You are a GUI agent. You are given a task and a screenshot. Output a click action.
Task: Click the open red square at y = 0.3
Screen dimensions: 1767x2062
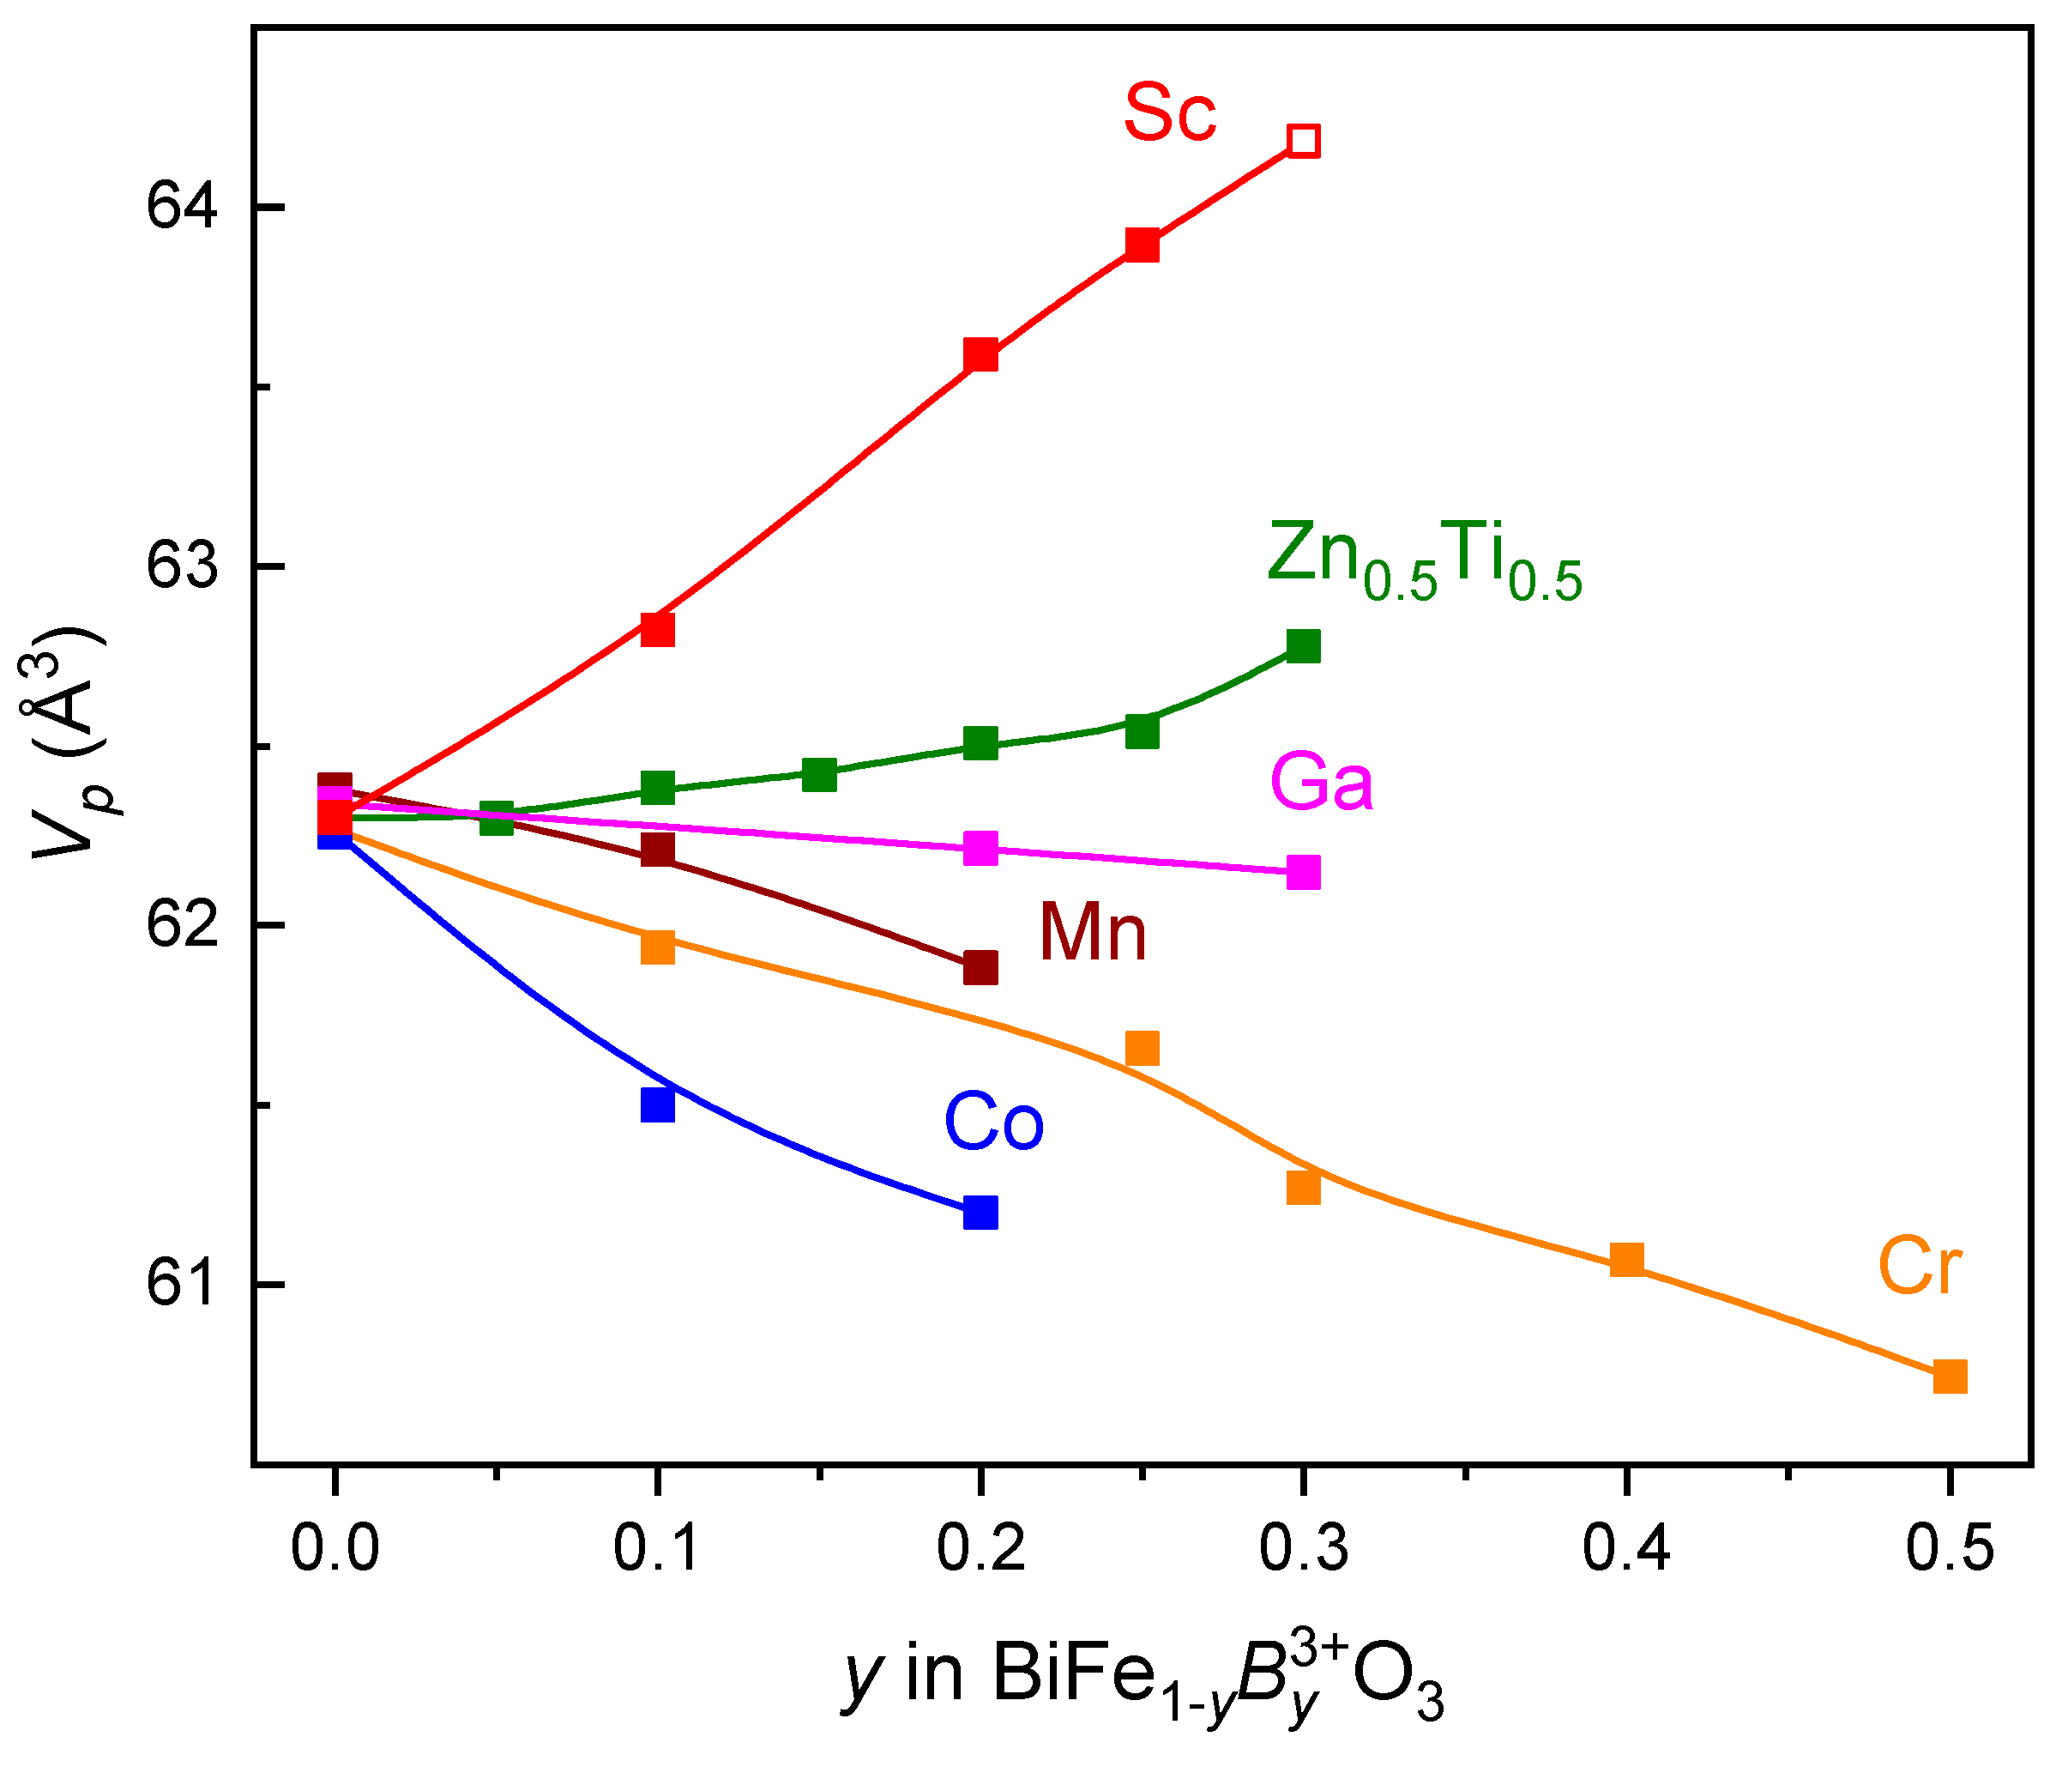[1303, 142]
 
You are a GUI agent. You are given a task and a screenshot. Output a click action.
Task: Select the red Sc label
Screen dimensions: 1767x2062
[1169, 113]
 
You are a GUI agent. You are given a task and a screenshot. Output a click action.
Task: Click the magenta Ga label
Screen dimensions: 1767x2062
[1322, 783]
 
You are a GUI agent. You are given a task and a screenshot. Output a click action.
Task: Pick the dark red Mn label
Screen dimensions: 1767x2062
[1093, 933]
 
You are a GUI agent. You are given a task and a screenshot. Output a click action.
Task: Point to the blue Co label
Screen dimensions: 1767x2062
[993, 1122]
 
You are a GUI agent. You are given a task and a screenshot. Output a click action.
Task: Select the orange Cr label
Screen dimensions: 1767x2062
[1919, 1268]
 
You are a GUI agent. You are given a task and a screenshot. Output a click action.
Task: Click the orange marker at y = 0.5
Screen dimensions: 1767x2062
[1950, 1377]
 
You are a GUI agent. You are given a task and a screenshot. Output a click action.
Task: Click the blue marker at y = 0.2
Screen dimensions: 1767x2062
[980, 1213]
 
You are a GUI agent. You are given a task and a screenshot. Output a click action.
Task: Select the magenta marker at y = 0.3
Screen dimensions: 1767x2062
[1303, 872]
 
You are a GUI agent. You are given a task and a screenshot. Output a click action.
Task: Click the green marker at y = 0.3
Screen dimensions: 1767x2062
[1303, 646]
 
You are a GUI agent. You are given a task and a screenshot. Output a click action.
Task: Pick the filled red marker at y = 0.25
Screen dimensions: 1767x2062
[1142, 244]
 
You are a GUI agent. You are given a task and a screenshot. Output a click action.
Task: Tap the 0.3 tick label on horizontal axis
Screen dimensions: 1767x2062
[1304, 1550]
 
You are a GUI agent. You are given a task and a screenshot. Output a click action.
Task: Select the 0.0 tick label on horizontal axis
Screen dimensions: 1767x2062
[335, 1550]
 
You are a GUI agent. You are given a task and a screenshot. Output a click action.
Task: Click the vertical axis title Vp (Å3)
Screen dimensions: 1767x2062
[69, 741]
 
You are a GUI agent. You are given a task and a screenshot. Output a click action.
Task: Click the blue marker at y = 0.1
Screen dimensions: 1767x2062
[657, 1105]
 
